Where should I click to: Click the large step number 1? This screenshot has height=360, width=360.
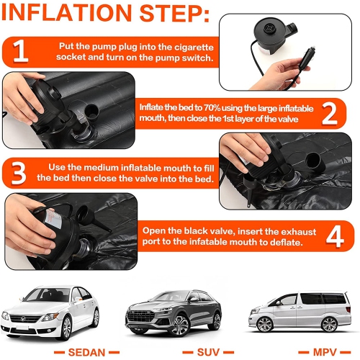(20, 51)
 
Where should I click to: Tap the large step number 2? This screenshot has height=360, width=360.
(330, 113)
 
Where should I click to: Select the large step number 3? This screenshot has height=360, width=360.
(18, 173)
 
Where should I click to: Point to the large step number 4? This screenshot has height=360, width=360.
(335, 235)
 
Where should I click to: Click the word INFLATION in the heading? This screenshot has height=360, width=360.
(66, 12)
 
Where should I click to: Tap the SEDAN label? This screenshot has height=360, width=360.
(86, 352)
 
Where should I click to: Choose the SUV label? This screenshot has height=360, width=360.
(208, 352)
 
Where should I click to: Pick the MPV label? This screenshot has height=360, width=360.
(325, 352)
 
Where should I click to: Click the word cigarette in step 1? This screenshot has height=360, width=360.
(194, 47)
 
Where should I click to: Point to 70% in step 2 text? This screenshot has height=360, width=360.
(212, 108)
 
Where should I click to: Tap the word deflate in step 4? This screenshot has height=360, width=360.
(287, 242)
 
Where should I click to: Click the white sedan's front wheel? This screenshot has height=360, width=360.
(66, 328)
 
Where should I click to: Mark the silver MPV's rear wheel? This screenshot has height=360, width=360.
(329, 325)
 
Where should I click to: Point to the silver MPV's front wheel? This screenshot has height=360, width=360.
(265, 324)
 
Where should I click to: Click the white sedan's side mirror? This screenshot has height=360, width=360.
(78, 299)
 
